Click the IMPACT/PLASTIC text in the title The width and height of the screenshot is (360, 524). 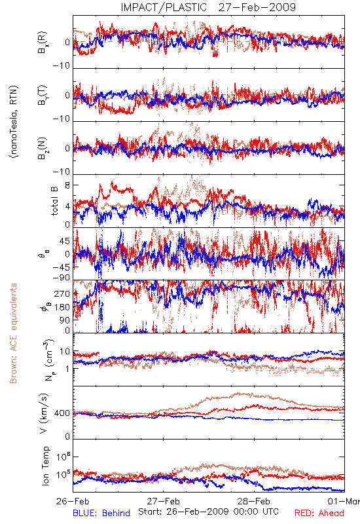click(164, 7)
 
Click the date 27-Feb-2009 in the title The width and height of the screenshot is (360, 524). click(257, 7)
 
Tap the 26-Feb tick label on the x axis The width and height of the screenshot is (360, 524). click(73, 501)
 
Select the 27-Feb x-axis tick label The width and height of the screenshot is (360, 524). click(164, 501)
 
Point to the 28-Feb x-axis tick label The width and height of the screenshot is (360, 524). click(254, 501)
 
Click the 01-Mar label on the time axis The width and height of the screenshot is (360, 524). click(344, 501)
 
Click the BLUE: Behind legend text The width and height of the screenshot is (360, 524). click(101, 513)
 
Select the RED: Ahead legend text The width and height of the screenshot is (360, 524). click(319, 513)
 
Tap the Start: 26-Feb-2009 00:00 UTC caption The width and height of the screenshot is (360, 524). click(208, 512)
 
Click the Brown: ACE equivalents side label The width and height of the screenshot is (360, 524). click(13, 333)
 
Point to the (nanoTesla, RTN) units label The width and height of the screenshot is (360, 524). click(14, 122)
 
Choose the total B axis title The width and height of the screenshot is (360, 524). click(54, 201)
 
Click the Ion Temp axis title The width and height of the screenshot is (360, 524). click(45, 466)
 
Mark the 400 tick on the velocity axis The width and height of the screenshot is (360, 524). click(63, 413)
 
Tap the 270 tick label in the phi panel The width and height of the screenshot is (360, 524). click(63, 293)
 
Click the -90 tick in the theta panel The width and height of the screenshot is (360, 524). click(62, 278)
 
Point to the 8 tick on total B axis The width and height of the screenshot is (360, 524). click(67, 185)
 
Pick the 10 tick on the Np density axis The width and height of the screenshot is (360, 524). click(65, 351)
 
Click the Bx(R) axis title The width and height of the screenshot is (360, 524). click(43, 42)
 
